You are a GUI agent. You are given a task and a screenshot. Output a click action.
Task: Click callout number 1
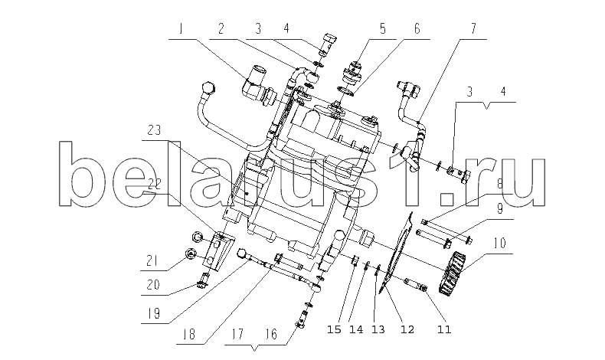(x=181, y=29)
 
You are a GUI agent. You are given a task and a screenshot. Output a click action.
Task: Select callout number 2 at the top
(x=221, y=29)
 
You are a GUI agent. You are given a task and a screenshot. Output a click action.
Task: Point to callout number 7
(x=473, y=29)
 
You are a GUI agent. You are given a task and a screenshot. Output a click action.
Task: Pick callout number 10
(x=499, y=244)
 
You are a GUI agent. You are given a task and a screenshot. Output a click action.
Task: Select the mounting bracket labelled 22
(x=218, y=250)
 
